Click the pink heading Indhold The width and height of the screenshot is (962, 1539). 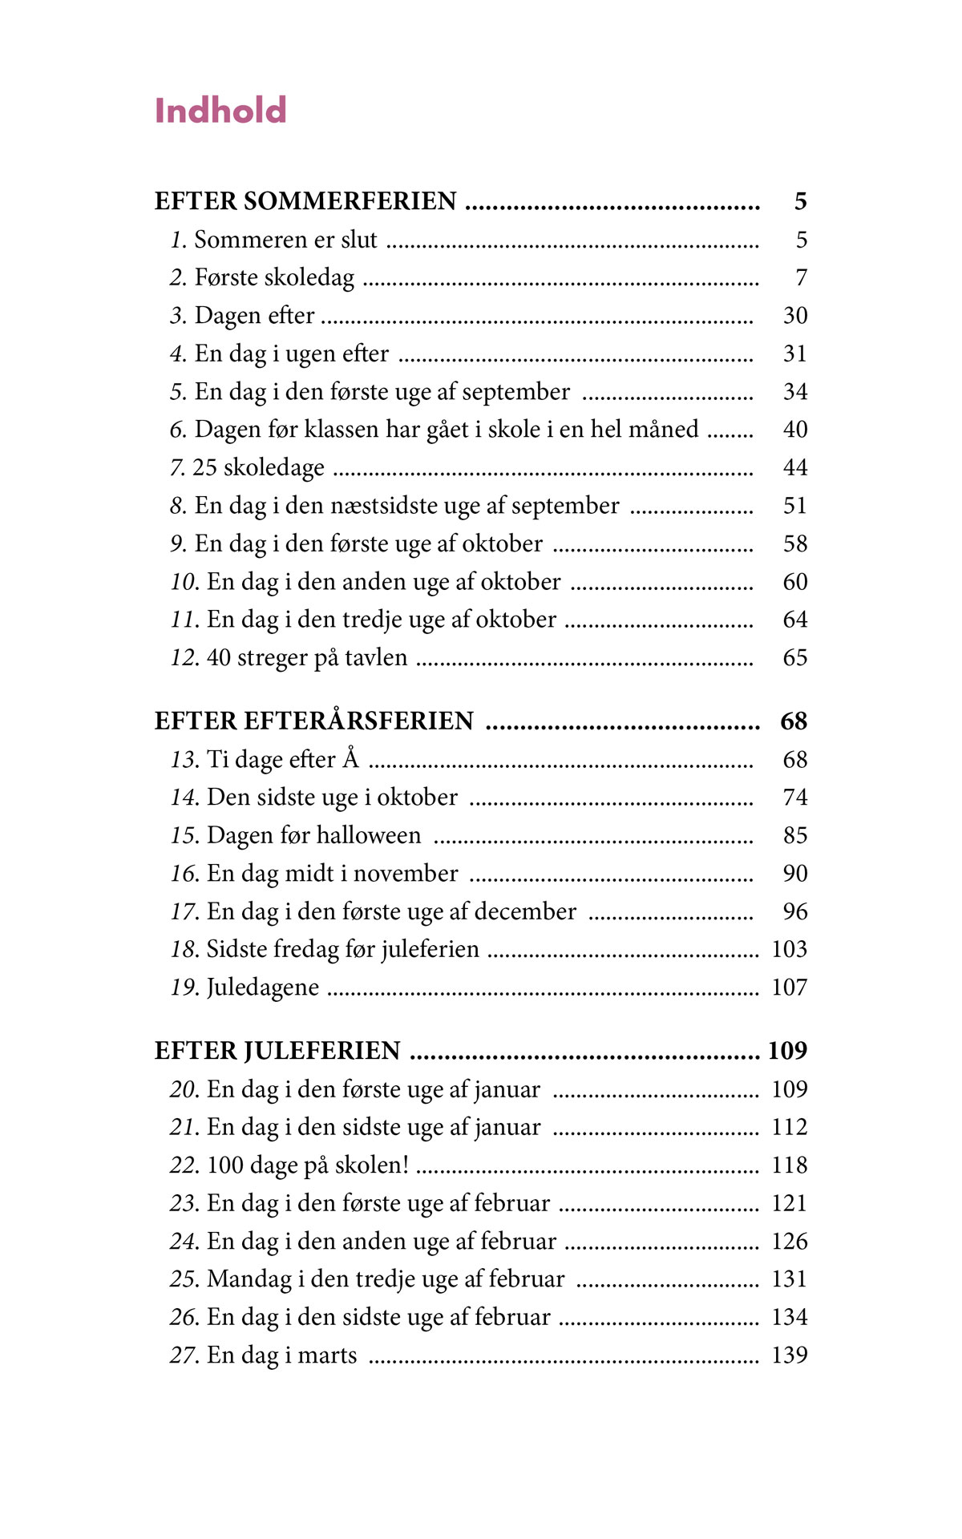coord(220,111)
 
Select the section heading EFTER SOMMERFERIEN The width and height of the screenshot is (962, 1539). coord(305,201)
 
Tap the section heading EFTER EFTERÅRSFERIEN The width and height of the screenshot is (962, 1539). coord(314,721)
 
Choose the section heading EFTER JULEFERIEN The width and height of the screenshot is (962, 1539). coord(277,1051)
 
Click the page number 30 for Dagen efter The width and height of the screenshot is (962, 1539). coord(794,316)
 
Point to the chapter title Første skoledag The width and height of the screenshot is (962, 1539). coord(274,278)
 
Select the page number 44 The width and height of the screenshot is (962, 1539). coord(794,468)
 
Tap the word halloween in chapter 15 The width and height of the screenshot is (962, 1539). coord(368,836)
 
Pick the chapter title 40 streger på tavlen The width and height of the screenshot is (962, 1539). coord(307,658)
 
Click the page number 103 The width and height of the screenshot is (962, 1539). coord(789,950)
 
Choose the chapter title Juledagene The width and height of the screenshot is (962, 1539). coord(263,988)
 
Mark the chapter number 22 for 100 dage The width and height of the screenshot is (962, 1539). coord(184,1165)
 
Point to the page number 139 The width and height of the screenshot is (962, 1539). coord(789,1355)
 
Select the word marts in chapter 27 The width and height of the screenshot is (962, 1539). coord(328,1355)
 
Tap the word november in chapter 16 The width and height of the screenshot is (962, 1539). coord(406,874)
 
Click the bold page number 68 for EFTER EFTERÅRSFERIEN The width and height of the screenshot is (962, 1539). coord(794,721)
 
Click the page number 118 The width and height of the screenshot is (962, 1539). coord(789,1165)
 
